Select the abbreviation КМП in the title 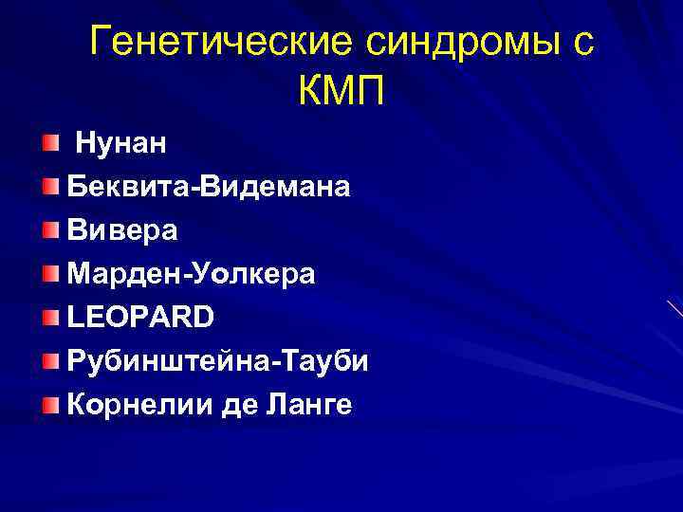pyautogui.click(x=342, y=92)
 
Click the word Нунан pyautogui.click(x=120, y=143)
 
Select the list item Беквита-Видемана pyautogui.click(x=208, y=187)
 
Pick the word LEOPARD pyautogui.click(x=140, y=318)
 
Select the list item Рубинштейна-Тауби pyautogui.click(x=218, y=361)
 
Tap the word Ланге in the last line pyautogui.click(x=311, y=405)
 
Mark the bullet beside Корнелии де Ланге pyautogui.click(x=49, y=406)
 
